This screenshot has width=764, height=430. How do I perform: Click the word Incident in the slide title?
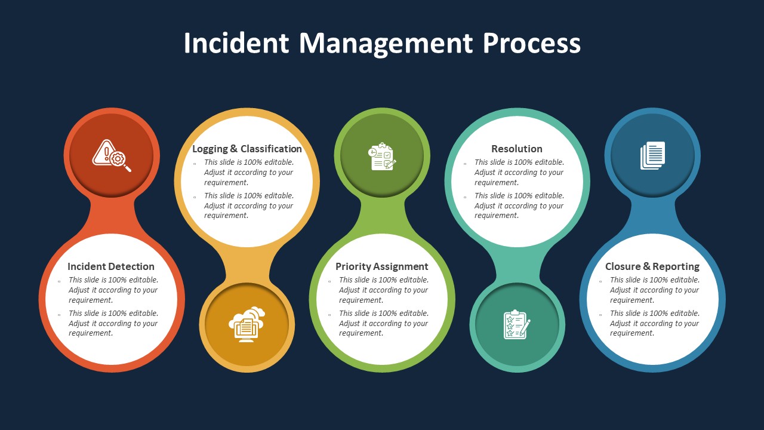click(x=236, y=44)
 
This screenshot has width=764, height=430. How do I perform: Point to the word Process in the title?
click(x=532, y=44)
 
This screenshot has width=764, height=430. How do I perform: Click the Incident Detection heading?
click(x=111, y=267)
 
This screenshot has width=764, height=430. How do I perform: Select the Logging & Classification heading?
click(x=247, y=149)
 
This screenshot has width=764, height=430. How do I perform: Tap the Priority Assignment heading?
click(x=382, y=267)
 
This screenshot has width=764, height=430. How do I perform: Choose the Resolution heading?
click(x=517, y=149)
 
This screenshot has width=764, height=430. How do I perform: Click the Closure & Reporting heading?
click(x=652, y=267)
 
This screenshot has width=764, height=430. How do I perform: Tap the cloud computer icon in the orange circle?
click(x=247, y=324)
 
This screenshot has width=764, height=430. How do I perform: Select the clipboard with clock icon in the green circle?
click(x=382, y=156)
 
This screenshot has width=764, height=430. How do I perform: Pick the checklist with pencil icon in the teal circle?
click(x=517, y=324)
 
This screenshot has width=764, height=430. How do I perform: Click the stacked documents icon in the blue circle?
click(x=652, y=155)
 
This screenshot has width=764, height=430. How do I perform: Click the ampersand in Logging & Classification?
click(x=233, y=149)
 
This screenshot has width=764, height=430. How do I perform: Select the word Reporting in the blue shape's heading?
click(x=676, y=267)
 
